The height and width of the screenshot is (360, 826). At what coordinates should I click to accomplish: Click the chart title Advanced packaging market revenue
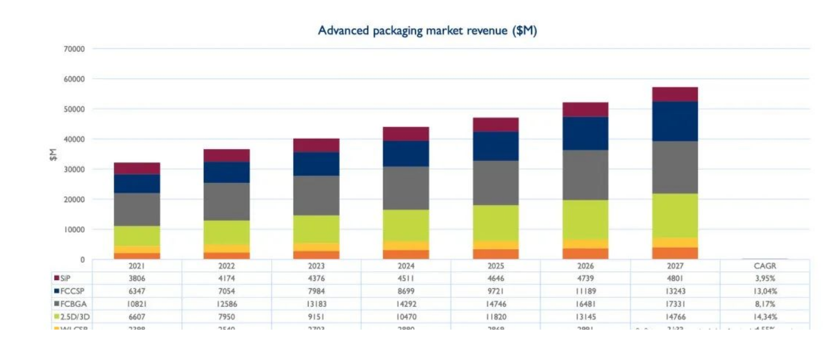pyautogui.click(x=427, y=31)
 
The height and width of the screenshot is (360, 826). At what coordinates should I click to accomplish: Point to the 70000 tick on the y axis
pyautogui.click(x=74, y=49)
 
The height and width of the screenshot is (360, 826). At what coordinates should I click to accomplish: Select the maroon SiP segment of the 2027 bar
pyautogui.click(x=675, y=94)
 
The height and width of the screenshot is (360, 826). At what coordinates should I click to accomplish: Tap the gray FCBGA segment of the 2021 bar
pyautogui.click(x=137, y=209)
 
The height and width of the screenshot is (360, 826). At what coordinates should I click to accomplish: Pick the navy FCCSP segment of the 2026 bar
pyautogui.click(x=585, y=134)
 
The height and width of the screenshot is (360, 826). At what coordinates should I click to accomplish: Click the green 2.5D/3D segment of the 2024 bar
pyautogui.click(x=406, y=225)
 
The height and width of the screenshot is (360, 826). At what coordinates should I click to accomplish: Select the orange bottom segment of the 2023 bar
pyautogui.click(x=316, y=255)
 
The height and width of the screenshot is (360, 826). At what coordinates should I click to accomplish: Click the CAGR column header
pyautogui.click(x=765, y=266)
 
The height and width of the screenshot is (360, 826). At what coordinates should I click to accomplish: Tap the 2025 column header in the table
pyautogui.click(x=495, y=266)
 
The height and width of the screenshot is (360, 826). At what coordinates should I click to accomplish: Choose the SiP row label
pyautogui.click(x=66, y=278)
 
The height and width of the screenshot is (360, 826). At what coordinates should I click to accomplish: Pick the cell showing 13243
pyautogui.click(x=675, y=291)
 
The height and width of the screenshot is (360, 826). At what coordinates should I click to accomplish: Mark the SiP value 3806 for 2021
pyautogui.click(x=137, y=278)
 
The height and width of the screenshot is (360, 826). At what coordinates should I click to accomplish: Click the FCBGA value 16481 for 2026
pyautogui.click(x=585, y=304)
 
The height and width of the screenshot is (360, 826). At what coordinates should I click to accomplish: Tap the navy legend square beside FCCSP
pyautogui.click(x=57, y=291)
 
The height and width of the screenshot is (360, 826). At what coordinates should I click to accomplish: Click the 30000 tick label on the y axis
pyautogui.click(x=74, y=169)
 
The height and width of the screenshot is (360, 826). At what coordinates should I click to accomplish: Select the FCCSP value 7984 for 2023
pyautogui.click(x=316, y=291)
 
